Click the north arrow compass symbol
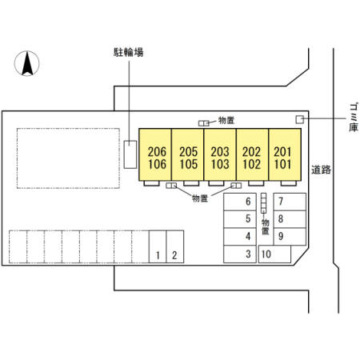tap(26, 63)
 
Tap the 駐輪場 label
tap(129, 52)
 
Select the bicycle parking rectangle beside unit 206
tap(130, 154)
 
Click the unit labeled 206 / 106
tap(155, 154)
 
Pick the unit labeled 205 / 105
tap(188, 154)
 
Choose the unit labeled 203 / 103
tap(220, 154)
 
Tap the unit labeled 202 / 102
tap(252, 154)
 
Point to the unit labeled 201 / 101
tap(285, 154)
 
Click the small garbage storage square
tap(300, 119)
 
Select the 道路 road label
tap(321, 170)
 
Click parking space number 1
tap(158, 246)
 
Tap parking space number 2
tap(175, 246)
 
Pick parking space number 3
tap(240, 254)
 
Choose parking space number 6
tap(240, 202)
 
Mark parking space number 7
tap(290, 202)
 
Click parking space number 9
tap(290, 237)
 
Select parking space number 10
tap(274, 254)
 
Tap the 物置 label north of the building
tap(226, 121)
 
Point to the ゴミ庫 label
tap(354, 118)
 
